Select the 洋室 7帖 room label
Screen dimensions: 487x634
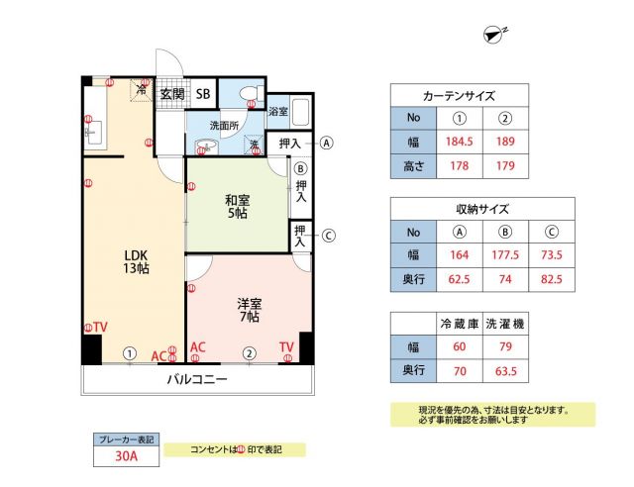247,309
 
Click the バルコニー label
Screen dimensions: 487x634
197,380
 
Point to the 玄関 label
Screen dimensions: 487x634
172,94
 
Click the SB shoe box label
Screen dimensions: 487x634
202,94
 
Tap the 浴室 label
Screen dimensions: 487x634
278,112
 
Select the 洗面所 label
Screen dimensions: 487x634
225,126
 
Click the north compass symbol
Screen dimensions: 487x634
493,35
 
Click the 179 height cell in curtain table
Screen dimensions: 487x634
504,164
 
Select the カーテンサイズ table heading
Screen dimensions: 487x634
460,95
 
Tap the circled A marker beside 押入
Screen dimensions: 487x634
327,142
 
